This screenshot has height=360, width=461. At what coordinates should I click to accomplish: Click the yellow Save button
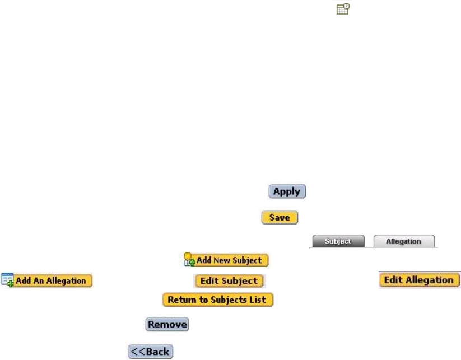pyautogui.click(x=279, y=218)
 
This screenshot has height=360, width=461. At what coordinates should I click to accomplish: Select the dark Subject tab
pyautogui.click(x=338, y=241)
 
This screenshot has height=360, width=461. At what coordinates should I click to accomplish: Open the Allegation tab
pyautogui.click(x=403, y=241)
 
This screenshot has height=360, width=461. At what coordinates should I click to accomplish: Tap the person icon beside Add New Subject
pyautogui.click(x=189, y=260)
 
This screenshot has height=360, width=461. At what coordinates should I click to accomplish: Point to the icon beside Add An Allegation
pyautogui.click(x=8, y=280)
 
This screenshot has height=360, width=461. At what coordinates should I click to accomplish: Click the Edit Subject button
pyautogui.click(x=229, y=281)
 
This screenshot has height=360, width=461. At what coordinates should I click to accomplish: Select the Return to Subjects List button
pyautogui.click(x=218, y=300)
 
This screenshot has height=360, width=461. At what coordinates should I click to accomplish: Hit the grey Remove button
pyautogui.click(x=167, y=324)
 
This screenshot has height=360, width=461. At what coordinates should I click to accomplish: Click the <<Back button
pyautogui.click(x=151, y=352)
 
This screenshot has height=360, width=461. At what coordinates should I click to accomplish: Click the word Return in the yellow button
pyautogui.click(x=179, y=300)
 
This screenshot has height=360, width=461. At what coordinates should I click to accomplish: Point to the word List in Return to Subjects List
pyautogui.click(x=261, y=300)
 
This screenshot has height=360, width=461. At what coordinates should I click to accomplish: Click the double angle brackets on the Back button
pyautogui.click(x=138, y=352)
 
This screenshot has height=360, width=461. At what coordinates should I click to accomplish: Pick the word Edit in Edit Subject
pyautogui.click(x=208, y=281)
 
